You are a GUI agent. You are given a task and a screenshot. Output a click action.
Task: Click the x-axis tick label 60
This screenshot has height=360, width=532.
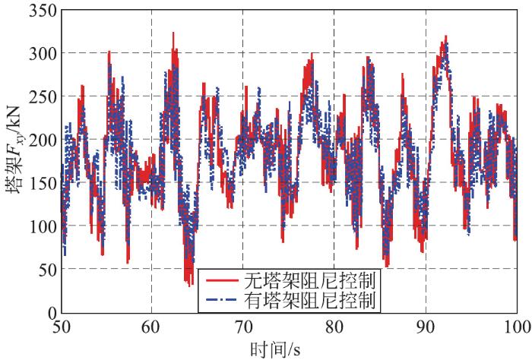151,327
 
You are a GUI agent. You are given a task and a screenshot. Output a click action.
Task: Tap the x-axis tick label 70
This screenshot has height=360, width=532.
243,327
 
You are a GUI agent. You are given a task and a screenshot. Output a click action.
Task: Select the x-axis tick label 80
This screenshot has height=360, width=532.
334,327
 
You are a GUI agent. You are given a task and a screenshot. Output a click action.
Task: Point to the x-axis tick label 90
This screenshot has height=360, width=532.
426,327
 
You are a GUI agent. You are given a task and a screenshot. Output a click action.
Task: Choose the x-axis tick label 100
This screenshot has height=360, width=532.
516,327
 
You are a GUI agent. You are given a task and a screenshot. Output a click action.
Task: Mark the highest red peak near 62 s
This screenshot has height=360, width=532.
173,33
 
